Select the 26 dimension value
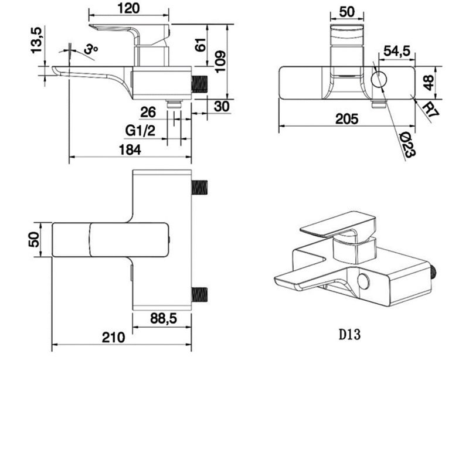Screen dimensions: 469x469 148,111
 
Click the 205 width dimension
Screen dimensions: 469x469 347,118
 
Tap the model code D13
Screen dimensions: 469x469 349,335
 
